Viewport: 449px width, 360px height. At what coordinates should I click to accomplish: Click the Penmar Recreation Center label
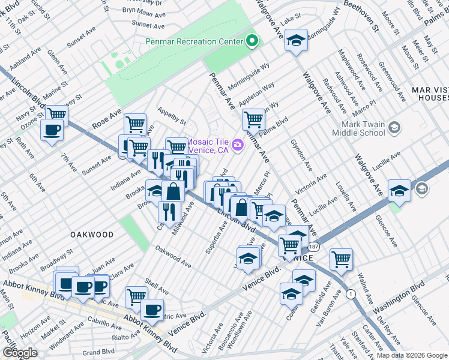pos(194,42)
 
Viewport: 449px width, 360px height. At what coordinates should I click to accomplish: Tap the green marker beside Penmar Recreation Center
pos(253,41)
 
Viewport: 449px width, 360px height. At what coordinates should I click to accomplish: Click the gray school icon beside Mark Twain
pos(394,127)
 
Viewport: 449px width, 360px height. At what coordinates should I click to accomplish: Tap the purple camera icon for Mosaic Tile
pos(238,145)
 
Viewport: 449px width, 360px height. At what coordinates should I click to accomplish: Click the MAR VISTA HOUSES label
pos(430,94)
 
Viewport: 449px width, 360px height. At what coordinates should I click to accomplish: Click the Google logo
pos(20,353)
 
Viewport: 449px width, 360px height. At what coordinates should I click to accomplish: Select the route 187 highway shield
pos(313,247)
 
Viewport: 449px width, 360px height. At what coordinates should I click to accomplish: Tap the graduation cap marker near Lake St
pos(295,41)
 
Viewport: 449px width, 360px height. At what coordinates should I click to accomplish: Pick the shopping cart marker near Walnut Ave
pos(341,259)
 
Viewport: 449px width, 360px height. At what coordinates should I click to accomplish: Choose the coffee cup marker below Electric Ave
pos(152,310)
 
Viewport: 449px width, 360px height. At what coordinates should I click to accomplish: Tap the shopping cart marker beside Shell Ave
pos(136,296)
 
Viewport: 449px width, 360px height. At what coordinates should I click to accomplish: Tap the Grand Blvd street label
pos(98,352)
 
